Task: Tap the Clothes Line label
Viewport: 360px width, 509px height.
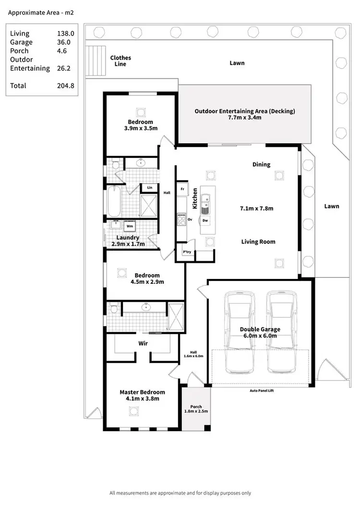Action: click(120, 61)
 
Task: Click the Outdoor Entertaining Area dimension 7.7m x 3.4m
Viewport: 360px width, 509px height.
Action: click(244, 118)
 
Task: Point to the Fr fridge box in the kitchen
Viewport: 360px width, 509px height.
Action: click(182, 189)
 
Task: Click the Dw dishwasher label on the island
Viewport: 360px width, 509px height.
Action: click(205, 220)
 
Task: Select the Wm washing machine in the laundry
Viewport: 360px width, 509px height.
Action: click(130, 225)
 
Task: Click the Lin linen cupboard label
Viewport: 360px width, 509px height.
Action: click(150, 187)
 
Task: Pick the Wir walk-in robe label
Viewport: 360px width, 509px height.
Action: click(143, 344)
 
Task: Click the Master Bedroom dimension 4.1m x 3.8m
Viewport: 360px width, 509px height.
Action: click(142, 399)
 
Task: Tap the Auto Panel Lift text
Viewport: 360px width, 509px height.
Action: click(261, 390)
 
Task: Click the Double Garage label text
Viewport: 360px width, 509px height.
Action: click(260, 329)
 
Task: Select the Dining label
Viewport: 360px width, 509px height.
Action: click(261, 164)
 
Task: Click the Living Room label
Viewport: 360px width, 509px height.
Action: click(258, 242)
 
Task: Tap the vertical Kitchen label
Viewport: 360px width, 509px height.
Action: click(195, 198)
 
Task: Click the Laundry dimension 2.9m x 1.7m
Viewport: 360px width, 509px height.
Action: click(128, 244)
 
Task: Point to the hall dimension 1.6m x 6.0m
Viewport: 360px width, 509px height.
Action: click(193, 356)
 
